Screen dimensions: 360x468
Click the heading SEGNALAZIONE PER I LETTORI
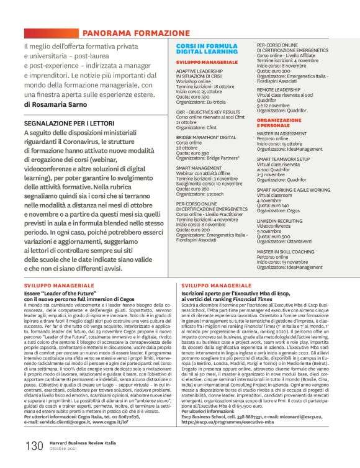click(x=68, y=124)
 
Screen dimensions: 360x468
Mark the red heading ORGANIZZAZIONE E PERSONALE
click(x=279, y=121)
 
